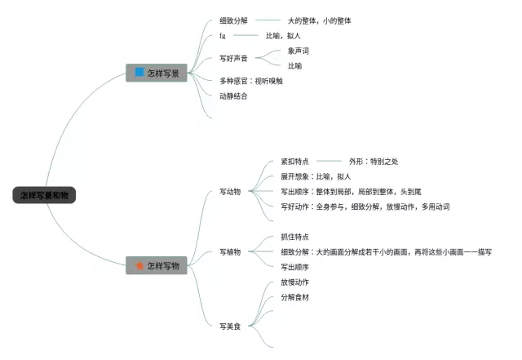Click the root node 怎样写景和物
44,195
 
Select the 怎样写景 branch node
157,73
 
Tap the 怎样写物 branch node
157,265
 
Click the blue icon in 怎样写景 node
139,73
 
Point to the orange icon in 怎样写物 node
139,265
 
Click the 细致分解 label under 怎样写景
233,20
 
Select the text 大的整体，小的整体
320,20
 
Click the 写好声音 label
233,58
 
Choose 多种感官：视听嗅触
250,80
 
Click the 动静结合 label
233,96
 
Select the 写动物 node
230,192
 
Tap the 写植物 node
230,251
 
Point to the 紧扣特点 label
294,162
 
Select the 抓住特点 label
294,237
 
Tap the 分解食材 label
294,297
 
